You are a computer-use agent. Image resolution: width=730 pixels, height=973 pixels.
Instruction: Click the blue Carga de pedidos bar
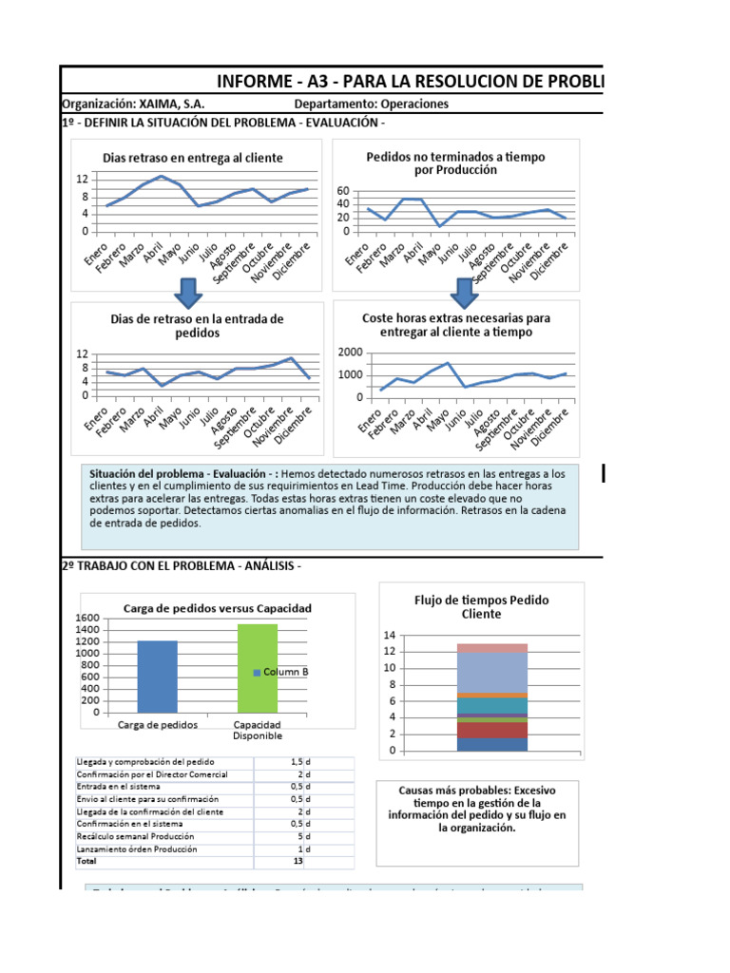(x=157, y=677)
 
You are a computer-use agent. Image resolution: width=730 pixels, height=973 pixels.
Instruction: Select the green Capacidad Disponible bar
(x=258, y=668)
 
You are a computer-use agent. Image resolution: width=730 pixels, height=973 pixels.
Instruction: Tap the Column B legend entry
(x=281, y=672)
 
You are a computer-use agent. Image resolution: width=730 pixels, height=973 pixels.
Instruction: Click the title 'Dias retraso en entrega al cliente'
(x=193, y=158)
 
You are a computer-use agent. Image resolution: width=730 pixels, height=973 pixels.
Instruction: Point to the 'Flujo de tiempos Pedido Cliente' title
(x=481, y=607)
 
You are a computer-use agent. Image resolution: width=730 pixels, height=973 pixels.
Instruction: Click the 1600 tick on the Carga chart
(x=86, y=618)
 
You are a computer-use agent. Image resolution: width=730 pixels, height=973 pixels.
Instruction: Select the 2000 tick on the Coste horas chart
(x=350, y=353)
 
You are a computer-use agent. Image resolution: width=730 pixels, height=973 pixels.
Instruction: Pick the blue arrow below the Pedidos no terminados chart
(x=465, y=294)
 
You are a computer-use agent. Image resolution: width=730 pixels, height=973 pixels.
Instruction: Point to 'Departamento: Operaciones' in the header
(x=372, y=105)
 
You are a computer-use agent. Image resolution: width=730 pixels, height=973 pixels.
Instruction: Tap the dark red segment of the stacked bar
(x=492, y=730)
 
